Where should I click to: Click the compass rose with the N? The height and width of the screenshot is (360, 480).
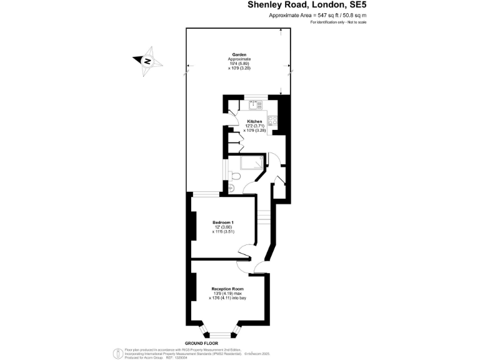[x=147, y=61]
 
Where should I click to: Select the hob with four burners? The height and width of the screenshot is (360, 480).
[x=272, y=120]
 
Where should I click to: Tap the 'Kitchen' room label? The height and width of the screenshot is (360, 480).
[x=254, y=121]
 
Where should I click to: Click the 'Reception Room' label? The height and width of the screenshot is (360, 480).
[x=227, y=289]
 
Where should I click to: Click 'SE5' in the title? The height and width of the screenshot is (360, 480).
[x=354, y=5]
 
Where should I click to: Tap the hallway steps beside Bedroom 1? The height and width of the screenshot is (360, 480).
[x=264, y=219]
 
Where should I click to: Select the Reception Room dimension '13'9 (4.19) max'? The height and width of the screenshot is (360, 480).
[x=227, y=294]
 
